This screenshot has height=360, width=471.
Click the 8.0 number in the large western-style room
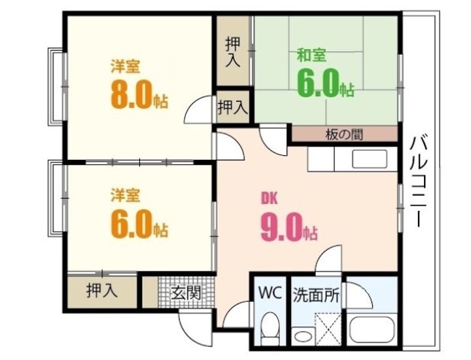click(x=131, y=94)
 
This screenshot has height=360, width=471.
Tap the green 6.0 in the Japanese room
click(x=317, y=83)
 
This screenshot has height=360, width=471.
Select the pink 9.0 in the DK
click(x=281, y=227)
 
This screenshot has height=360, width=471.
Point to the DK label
click(x=269, y=198)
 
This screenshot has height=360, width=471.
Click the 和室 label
click(x=311, y=55)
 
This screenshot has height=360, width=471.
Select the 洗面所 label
click(x=317, y=295)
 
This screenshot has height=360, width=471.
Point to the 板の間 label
click(x=344, y=134)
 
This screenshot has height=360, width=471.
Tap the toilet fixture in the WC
click(x=270, y=328)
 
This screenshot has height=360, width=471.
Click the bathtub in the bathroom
click(x=372, y=329)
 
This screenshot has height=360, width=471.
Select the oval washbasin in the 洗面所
click(x=303, y=336)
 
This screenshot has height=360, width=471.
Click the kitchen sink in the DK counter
click(x=370, y=159)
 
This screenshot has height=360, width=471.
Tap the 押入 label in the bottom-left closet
click(x=101, y=291)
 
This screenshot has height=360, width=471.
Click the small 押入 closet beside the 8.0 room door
click(x=232, y=107)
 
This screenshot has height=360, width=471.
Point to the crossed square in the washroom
click(x=328, y=329)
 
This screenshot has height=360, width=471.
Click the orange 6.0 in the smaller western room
click(x=131, y=223)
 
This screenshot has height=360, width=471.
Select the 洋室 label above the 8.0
click(x=126, y=66)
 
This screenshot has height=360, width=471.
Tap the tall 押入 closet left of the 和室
click(x=233, y=51)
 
